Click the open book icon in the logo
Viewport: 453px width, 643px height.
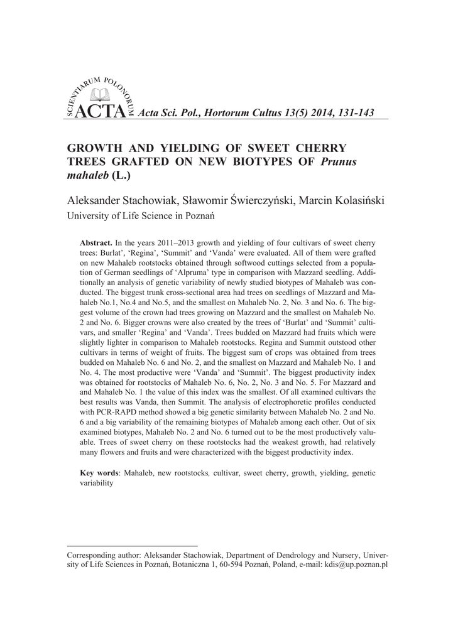pos(101,95)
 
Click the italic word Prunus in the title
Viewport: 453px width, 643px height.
pos(339,162)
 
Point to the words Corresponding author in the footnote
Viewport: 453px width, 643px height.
pos(104,555)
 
